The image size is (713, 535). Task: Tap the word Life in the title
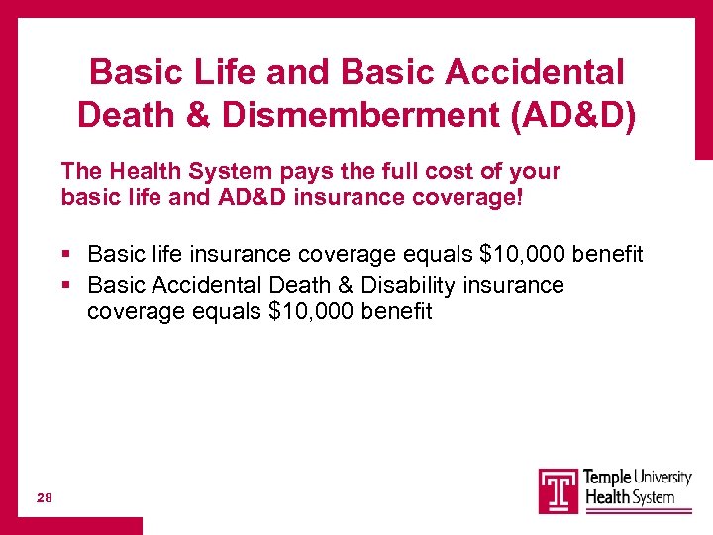point(217,72)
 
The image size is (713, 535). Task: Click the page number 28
point(45,497)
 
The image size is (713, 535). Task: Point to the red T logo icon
point(558,490)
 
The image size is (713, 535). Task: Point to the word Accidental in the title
point(535,72)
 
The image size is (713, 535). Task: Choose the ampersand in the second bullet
point(345,286)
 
